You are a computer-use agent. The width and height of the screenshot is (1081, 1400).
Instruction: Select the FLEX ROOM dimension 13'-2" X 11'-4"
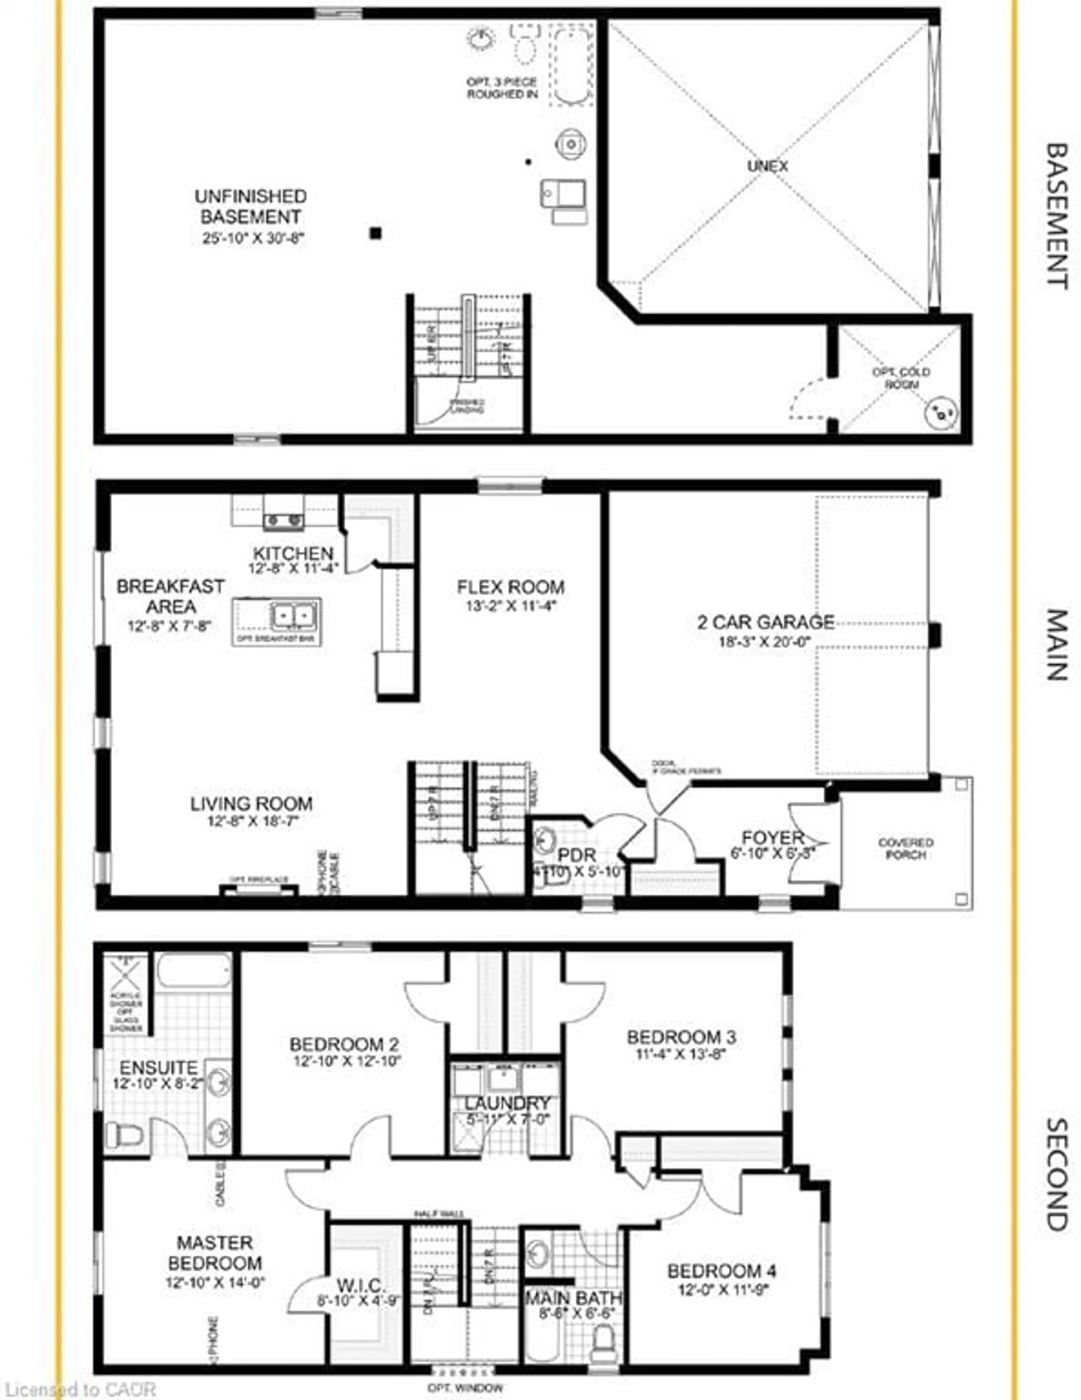click(511, 606)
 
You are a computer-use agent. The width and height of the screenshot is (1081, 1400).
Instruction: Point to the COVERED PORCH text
click(905, 848)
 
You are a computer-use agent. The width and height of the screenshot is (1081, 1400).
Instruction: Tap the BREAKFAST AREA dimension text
click(170, 626)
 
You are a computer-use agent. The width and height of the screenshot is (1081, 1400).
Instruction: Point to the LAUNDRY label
click(507, 1103)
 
